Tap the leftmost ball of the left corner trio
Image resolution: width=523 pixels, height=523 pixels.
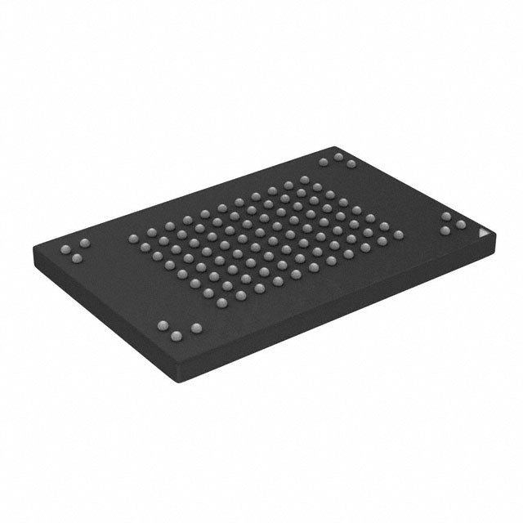tap(65, 248)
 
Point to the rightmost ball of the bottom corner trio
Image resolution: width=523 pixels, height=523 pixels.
tap(195, 329)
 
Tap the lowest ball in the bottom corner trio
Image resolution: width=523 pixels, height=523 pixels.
tap(176, 335)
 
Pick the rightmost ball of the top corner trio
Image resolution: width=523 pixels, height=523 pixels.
tap(351, 164)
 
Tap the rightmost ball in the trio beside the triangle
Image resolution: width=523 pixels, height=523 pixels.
tap(460, 223)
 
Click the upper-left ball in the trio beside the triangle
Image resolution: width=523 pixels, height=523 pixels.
tap(447, 216)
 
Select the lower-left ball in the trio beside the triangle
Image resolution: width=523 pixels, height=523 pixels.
tap(445, 230)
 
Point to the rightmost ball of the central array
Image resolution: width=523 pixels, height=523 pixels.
tap(398, 235)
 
